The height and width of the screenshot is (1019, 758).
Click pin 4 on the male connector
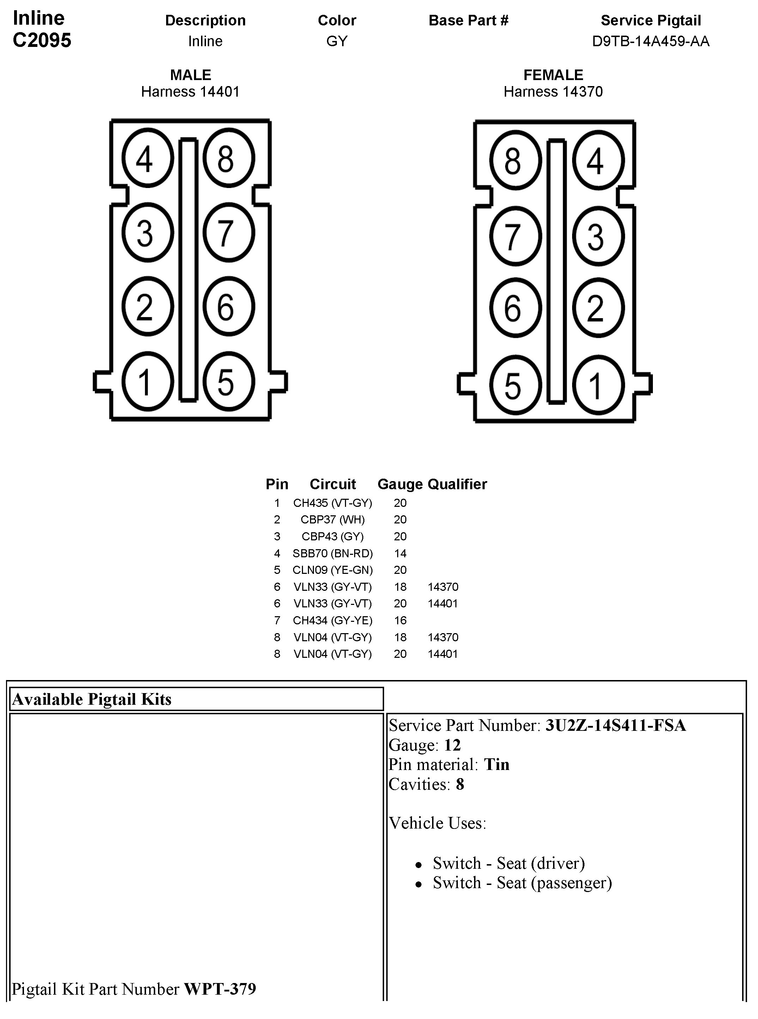tap(147, 158)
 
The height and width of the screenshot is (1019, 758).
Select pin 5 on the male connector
tap(229, 381)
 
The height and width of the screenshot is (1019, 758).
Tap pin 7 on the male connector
tap(229, 233)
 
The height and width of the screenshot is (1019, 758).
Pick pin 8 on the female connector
tap(515, 160)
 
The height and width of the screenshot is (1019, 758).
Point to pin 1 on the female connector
tap(598, 384)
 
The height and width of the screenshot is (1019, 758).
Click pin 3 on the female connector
tap(598, 236)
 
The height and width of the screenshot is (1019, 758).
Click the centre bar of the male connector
tap(188, 269)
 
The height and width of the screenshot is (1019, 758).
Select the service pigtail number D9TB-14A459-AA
tap(650, 41)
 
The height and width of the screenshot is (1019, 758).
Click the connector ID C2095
tap(42, 40)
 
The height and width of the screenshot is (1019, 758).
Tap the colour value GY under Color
tap(336, 41)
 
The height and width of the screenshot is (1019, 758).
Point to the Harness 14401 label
tap(190, 92)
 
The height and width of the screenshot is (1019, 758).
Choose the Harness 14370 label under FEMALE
tap(553, 92)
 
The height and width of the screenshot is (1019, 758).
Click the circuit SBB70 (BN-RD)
tap(333, 553)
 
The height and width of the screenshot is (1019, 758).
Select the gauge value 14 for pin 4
tap(400, 553)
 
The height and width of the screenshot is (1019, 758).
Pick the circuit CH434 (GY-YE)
tap(333, 620)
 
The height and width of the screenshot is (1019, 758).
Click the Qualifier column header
tap(457, 484)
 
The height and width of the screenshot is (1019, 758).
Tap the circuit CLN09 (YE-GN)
tap(333, 570)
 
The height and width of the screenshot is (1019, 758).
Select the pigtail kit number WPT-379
tap(220, 989)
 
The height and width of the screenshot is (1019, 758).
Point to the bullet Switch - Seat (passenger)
tap(522, 883)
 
